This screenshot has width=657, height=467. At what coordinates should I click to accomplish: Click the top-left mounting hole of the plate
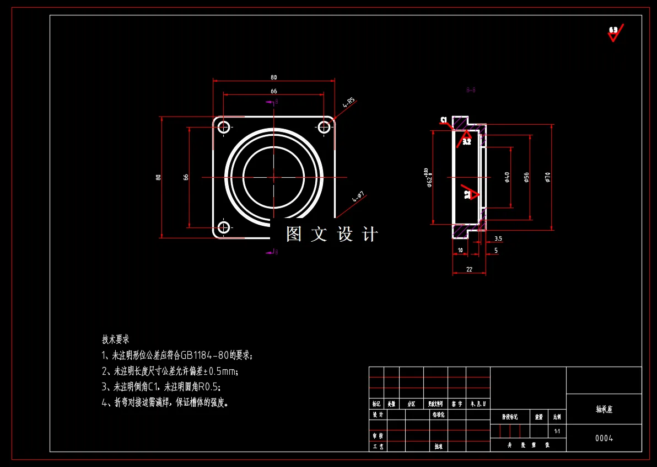(224, 127)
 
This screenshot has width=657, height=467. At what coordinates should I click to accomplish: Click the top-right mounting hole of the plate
(324, 127)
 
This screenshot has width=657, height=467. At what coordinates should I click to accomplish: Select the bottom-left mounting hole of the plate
(224, 227)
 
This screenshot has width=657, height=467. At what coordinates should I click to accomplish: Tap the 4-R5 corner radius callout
(349, 102)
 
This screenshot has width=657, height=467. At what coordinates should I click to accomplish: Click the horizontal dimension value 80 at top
(273, 77)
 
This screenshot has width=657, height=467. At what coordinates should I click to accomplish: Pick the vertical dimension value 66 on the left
(186, 177)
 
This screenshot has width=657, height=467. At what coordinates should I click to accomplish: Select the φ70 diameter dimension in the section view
(547, 177)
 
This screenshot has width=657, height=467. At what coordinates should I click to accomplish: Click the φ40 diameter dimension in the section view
(507, 177)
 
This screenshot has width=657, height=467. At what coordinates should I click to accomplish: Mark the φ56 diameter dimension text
(526, 177)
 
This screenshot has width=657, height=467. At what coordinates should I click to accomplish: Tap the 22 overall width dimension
(469, 269)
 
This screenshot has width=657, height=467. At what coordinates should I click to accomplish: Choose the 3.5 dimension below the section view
(498, 239)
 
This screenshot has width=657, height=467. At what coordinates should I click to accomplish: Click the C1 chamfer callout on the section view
(443, 120)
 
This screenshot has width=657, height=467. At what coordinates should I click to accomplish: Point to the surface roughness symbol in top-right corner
(614, 33)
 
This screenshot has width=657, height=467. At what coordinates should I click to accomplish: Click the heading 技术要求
(115, 339)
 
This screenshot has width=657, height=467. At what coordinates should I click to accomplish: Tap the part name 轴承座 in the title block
(604, 410)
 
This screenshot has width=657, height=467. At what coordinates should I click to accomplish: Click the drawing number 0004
(604, 438)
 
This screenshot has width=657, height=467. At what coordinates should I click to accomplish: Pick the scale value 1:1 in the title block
(557, 431)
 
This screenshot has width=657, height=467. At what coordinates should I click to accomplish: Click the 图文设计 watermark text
(332, 235)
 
